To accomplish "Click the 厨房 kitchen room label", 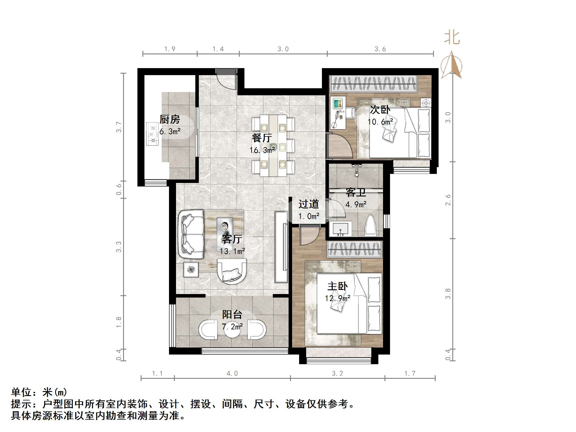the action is (x=170, y=119).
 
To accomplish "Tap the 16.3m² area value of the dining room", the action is (x=262, y=150).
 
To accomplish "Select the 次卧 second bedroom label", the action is (x=380, y=110).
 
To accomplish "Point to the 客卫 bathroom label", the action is (x=356, y=192).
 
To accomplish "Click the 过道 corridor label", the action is (x=309, y=204).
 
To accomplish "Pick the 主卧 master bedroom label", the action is (x=337, y=286).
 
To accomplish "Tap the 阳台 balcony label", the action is (x=232, y=314).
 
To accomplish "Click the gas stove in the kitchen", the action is (x=152, y=134).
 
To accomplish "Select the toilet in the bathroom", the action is (x=371, y=226).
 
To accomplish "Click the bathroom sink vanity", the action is (x=341, y=229).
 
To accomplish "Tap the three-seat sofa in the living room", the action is (x=192, y=234).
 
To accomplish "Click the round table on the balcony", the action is (x=232, y=329).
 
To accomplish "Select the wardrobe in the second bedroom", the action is (x=373, y=84).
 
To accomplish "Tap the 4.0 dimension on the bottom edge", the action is (x=232, y=374).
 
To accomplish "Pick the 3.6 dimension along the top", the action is (x=380, y=49).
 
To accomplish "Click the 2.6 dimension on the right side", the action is (x=448, y=200).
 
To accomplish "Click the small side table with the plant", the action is (x=191, y=269).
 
